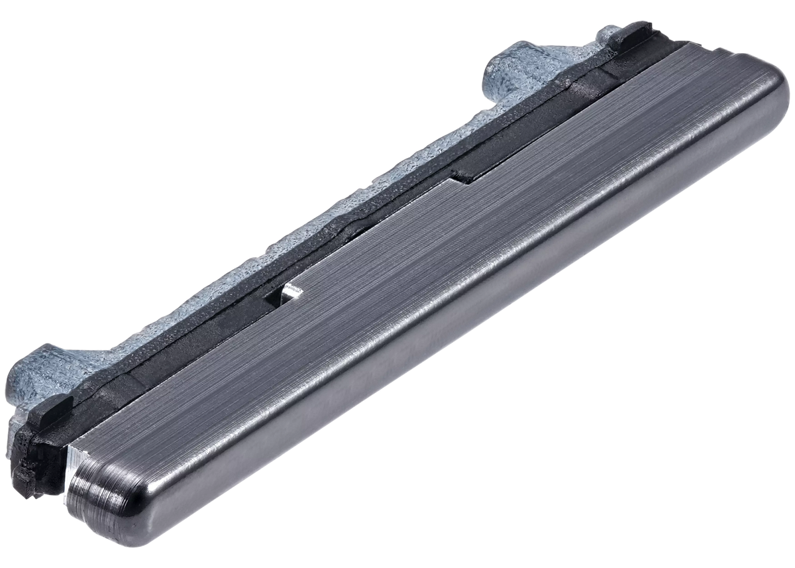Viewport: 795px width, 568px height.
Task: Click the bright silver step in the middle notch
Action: point(291,291)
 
